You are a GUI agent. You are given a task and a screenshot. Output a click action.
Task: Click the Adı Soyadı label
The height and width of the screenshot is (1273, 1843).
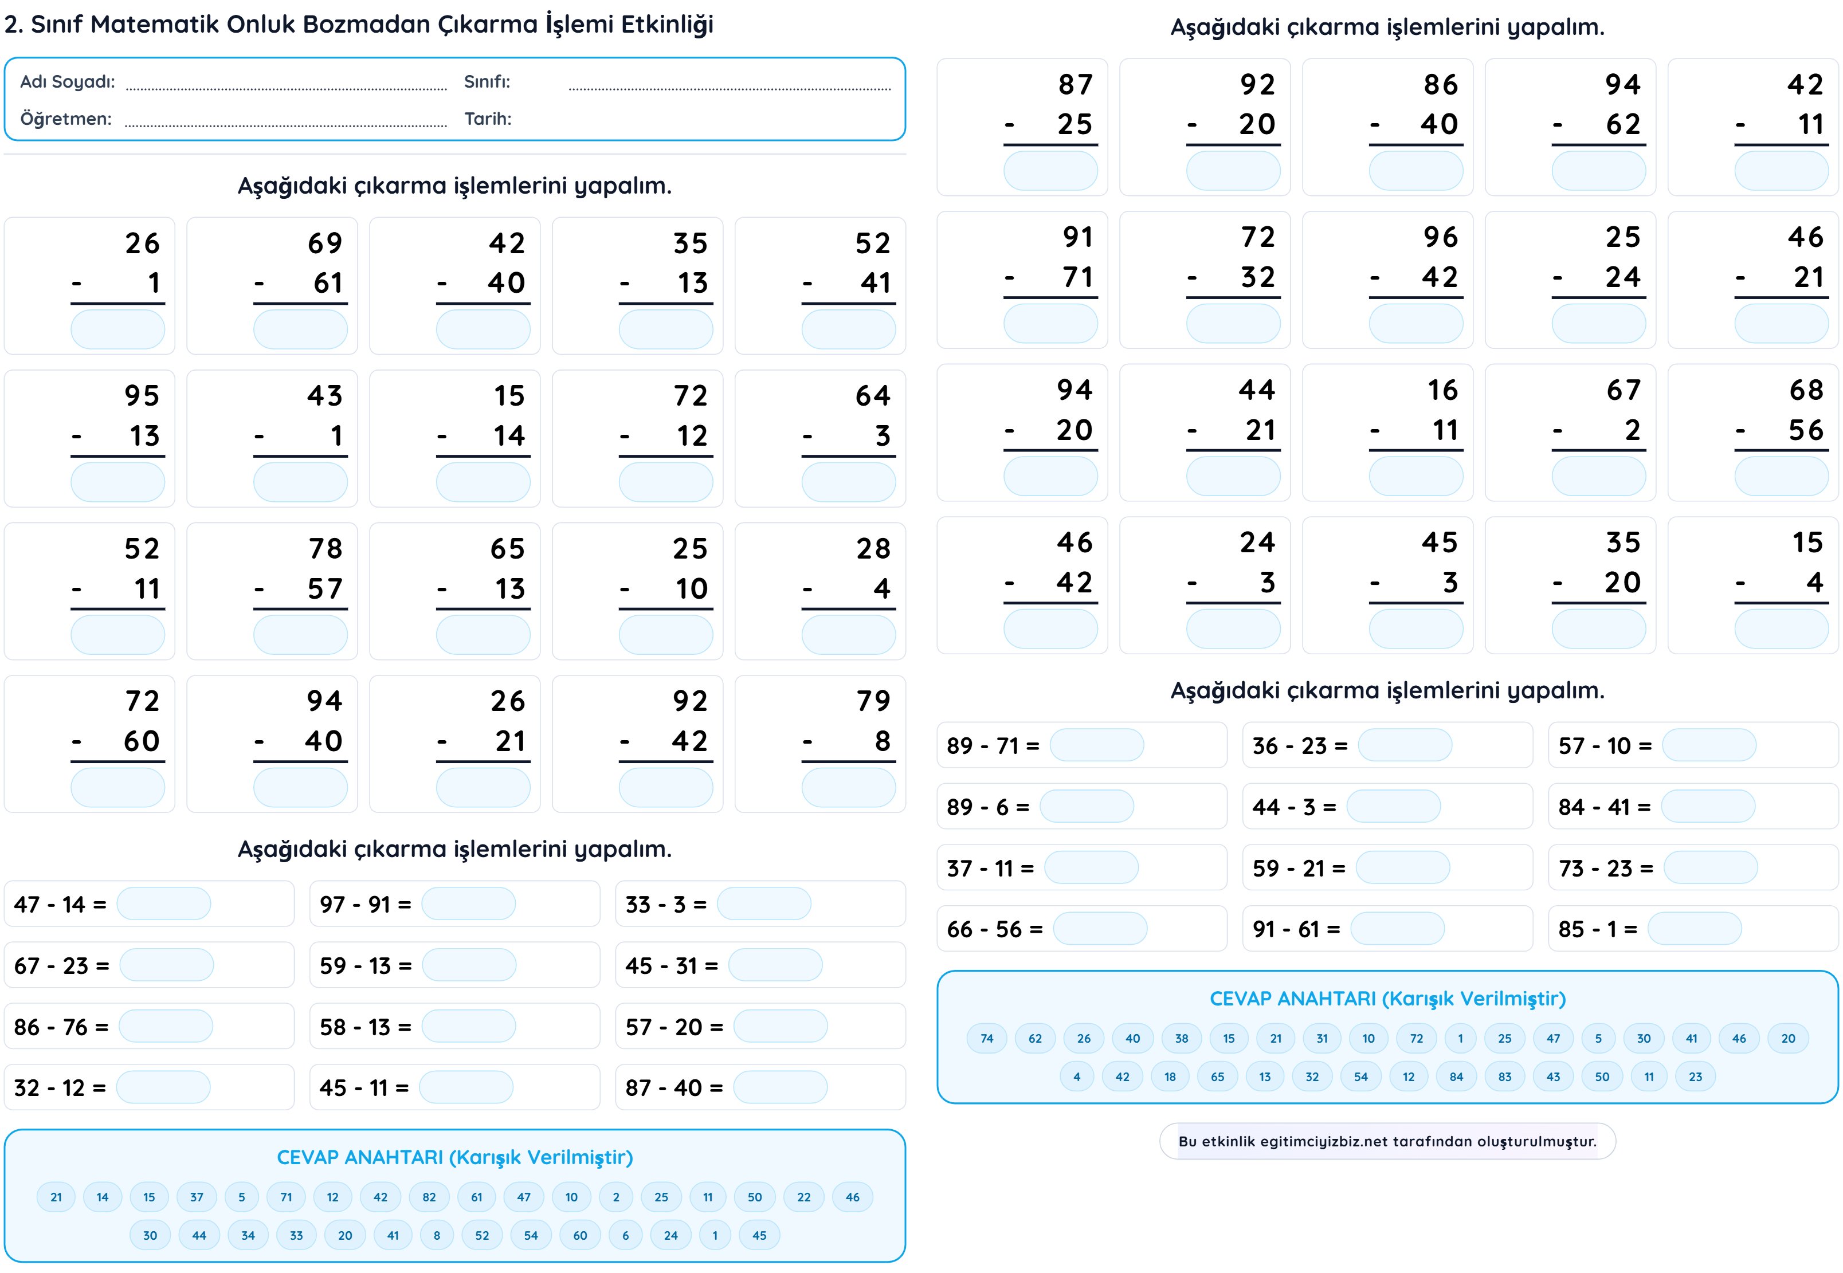(x=68, y=81)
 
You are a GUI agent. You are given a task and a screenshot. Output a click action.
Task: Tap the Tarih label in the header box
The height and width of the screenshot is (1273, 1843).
(x=488, y=119)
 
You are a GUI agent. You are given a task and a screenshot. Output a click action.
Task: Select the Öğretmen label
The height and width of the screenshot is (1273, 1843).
(x=65, y=119)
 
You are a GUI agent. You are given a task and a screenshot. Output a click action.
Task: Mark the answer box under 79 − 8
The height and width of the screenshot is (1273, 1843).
(x=848, y=788)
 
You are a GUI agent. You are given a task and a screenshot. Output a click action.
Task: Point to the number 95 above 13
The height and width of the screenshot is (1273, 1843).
(x=142, y=396)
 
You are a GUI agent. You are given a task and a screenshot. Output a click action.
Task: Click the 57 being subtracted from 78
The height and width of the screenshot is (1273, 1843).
(x=325, y=588)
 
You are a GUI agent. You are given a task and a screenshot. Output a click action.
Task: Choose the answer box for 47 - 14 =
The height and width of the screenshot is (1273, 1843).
(x=163, y=903)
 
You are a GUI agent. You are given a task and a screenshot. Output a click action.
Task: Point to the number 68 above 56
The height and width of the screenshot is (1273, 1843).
(x=1806, y=390)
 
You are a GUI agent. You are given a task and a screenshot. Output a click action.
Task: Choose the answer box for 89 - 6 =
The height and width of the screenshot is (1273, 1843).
(x=1086, y=807)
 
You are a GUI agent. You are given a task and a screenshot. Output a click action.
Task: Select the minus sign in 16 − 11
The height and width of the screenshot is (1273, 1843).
(x=1375, y=431)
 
